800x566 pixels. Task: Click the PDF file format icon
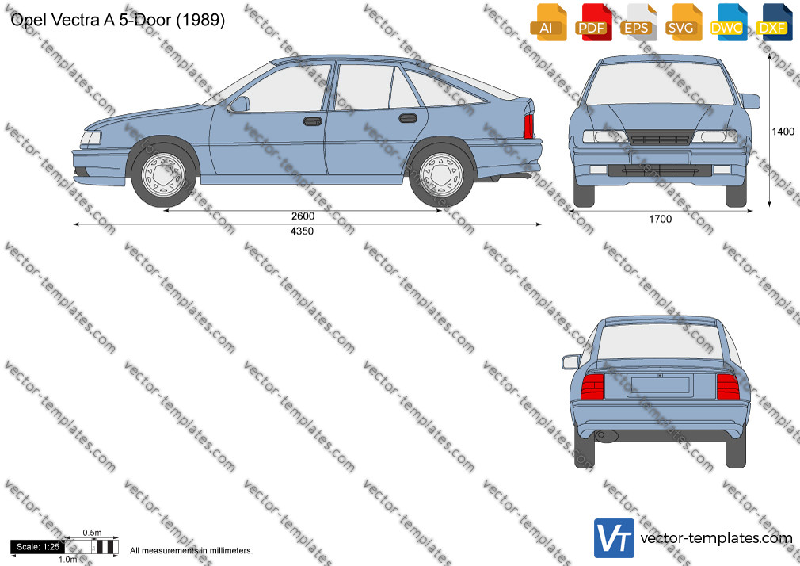point(594,22)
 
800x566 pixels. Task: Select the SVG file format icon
point(683,22)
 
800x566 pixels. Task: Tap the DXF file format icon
point(774,22)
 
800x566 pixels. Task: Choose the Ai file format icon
point(548,22)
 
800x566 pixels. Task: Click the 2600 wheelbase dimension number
point(303,216)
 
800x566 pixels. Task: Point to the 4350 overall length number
point(302,231)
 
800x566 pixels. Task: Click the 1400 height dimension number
point(783,132)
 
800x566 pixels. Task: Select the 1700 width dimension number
point(661,219)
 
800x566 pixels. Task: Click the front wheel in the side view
point(164,175)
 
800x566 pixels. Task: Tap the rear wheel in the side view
point(442,175)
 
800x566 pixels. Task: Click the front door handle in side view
point(312,121)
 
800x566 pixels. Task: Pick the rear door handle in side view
point(408,119)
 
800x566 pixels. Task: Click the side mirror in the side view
point(239,104)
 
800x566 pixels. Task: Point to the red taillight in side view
point(528,126)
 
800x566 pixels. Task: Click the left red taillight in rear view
point(592,386)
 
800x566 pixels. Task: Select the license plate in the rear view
point(661,384)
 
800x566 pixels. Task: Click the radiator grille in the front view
point(661,138)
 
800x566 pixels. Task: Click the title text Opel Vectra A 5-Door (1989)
point(118,20)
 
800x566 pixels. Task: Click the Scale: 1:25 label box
point(38,547)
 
